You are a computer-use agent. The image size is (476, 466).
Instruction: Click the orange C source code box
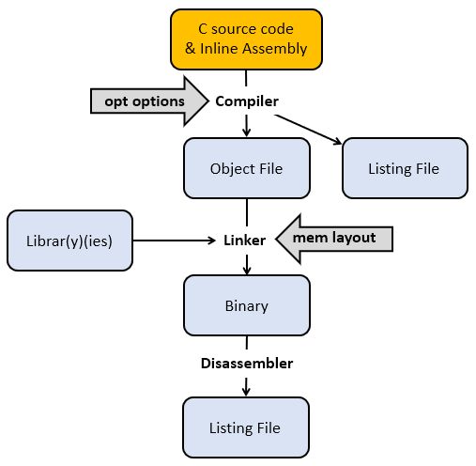point(246,39)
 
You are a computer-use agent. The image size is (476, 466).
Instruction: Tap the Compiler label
point(247,101)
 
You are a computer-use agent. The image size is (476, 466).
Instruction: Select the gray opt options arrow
point(149,101)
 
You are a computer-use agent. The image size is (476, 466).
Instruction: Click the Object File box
point(247,168)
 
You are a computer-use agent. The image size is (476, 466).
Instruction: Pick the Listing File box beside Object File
point(405,168)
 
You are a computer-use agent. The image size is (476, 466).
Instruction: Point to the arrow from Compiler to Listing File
point(308,130)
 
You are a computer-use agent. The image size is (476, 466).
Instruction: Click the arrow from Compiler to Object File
point(247,126)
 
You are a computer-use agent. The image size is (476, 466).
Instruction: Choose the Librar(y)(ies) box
point(69,241)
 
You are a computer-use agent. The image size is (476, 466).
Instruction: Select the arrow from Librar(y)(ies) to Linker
point(175,241)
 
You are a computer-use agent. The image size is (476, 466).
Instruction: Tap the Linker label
point(245,241)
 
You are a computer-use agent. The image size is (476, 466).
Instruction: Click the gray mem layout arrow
point(334,239)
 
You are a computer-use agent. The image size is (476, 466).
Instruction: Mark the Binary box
point(247,305)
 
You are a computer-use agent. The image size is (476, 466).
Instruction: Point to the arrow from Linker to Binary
point(247,265)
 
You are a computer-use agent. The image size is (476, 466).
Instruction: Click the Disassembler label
point(247,364)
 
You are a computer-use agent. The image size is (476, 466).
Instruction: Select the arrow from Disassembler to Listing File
point(246,387)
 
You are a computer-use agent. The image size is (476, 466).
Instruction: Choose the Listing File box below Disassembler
point(246,427)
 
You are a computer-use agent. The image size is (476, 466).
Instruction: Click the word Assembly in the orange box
point(275,49)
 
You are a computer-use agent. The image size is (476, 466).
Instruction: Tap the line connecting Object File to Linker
point(247,212)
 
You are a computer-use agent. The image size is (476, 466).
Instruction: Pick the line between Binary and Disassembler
point(247,343)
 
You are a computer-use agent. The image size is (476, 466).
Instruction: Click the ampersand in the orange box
point(191,49)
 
